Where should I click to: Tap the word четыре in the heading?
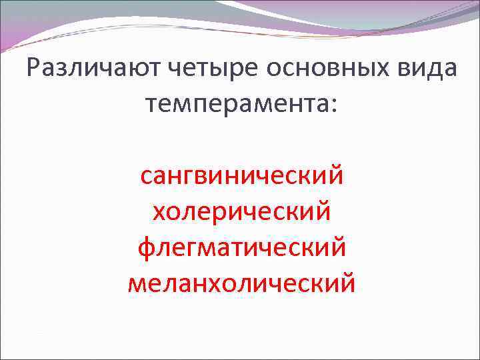pos(213,69)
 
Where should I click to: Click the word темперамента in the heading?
pos(234,104)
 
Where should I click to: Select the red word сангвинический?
pos(242,177)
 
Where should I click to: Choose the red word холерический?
pos(242,213)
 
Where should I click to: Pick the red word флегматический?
pos(242,249)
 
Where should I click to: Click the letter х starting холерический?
pos(160,214)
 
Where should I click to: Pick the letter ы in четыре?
pos(221,71)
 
